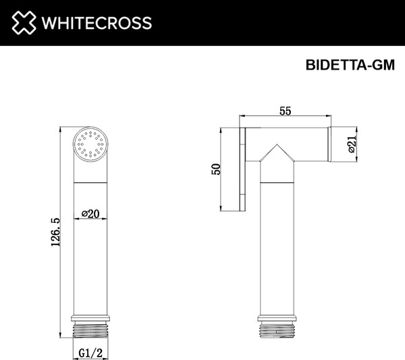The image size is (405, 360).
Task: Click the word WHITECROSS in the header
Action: click(x=95, y=23)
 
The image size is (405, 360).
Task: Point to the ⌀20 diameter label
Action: click(x=90, y=213)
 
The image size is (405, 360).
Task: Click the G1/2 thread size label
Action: click(x=90, y=352)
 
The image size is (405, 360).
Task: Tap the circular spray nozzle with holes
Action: click(x=90, y=144)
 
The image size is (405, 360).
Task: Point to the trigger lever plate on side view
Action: click(x=243, y=169)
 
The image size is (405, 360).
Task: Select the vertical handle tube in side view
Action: click(x=277, y=250)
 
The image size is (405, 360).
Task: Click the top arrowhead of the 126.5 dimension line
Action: click(x=61, y=128)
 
